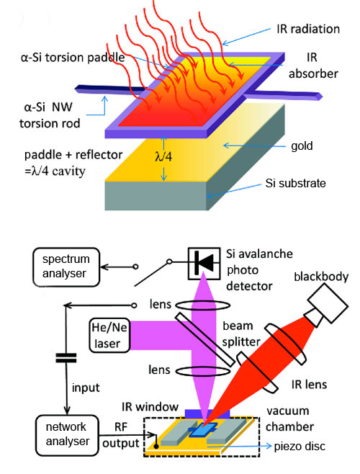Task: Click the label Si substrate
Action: coord(292,184)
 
